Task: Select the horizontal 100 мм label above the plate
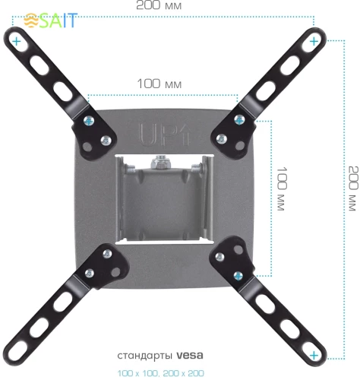click(159, 83)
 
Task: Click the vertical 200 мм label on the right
click(349, 190)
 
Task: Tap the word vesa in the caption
click(190, 355)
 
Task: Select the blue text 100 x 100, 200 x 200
click(160, 373)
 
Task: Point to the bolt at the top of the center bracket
click(160, 161)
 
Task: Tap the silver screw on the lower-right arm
click(221, 256)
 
